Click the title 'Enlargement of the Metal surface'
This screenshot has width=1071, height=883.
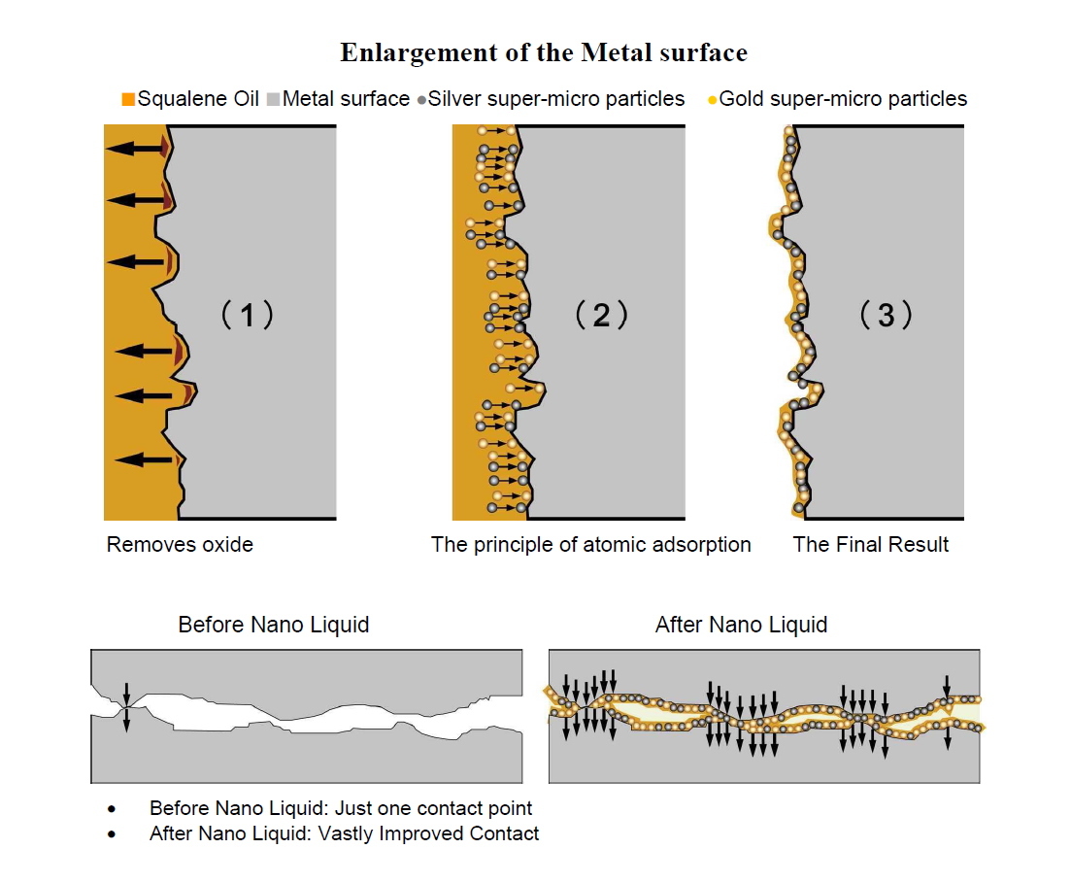click(543, 53)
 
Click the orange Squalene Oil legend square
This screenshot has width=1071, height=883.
click(128, 99)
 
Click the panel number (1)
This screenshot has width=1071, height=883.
click(247, 315)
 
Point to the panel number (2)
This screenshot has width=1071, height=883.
click(601, 315)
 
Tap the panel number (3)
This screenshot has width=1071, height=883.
click(886, 315)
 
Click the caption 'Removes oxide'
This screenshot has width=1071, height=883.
click(180, 545)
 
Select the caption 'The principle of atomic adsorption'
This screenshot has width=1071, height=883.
click(590, 545)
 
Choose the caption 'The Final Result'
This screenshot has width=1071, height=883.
click(871, 545)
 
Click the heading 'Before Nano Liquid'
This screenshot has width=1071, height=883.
click(274, 625)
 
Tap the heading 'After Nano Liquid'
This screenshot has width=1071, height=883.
click(741, 625)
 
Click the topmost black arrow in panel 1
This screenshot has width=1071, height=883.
click(136, 149)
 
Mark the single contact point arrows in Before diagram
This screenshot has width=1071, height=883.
click(125, 706)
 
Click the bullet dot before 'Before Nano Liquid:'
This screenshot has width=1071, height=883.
click(113, 809)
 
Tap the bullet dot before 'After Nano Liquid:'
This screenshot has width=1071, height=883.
click(113, 834)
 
